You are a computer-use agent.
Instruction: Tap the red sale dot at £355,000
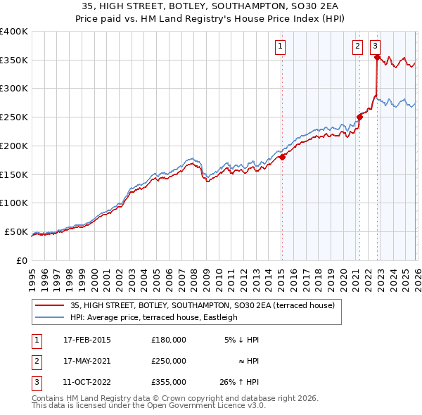[377, 58]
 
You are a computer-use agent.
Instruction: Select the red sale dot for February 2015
[282, 158]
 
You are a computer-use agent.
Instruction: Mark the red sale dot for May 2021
[359, 117]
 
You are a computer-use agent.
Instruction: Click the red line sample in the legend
[49, 305]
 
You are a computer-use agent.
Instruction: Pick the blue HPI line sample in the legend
[49, 317]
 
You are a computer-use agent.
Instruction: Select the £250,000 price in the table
[168, 361]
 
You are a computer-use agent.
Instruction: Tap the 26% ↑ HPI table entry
[239, 382]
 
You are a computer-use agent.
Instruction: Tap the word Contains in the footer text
[50, 398]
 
